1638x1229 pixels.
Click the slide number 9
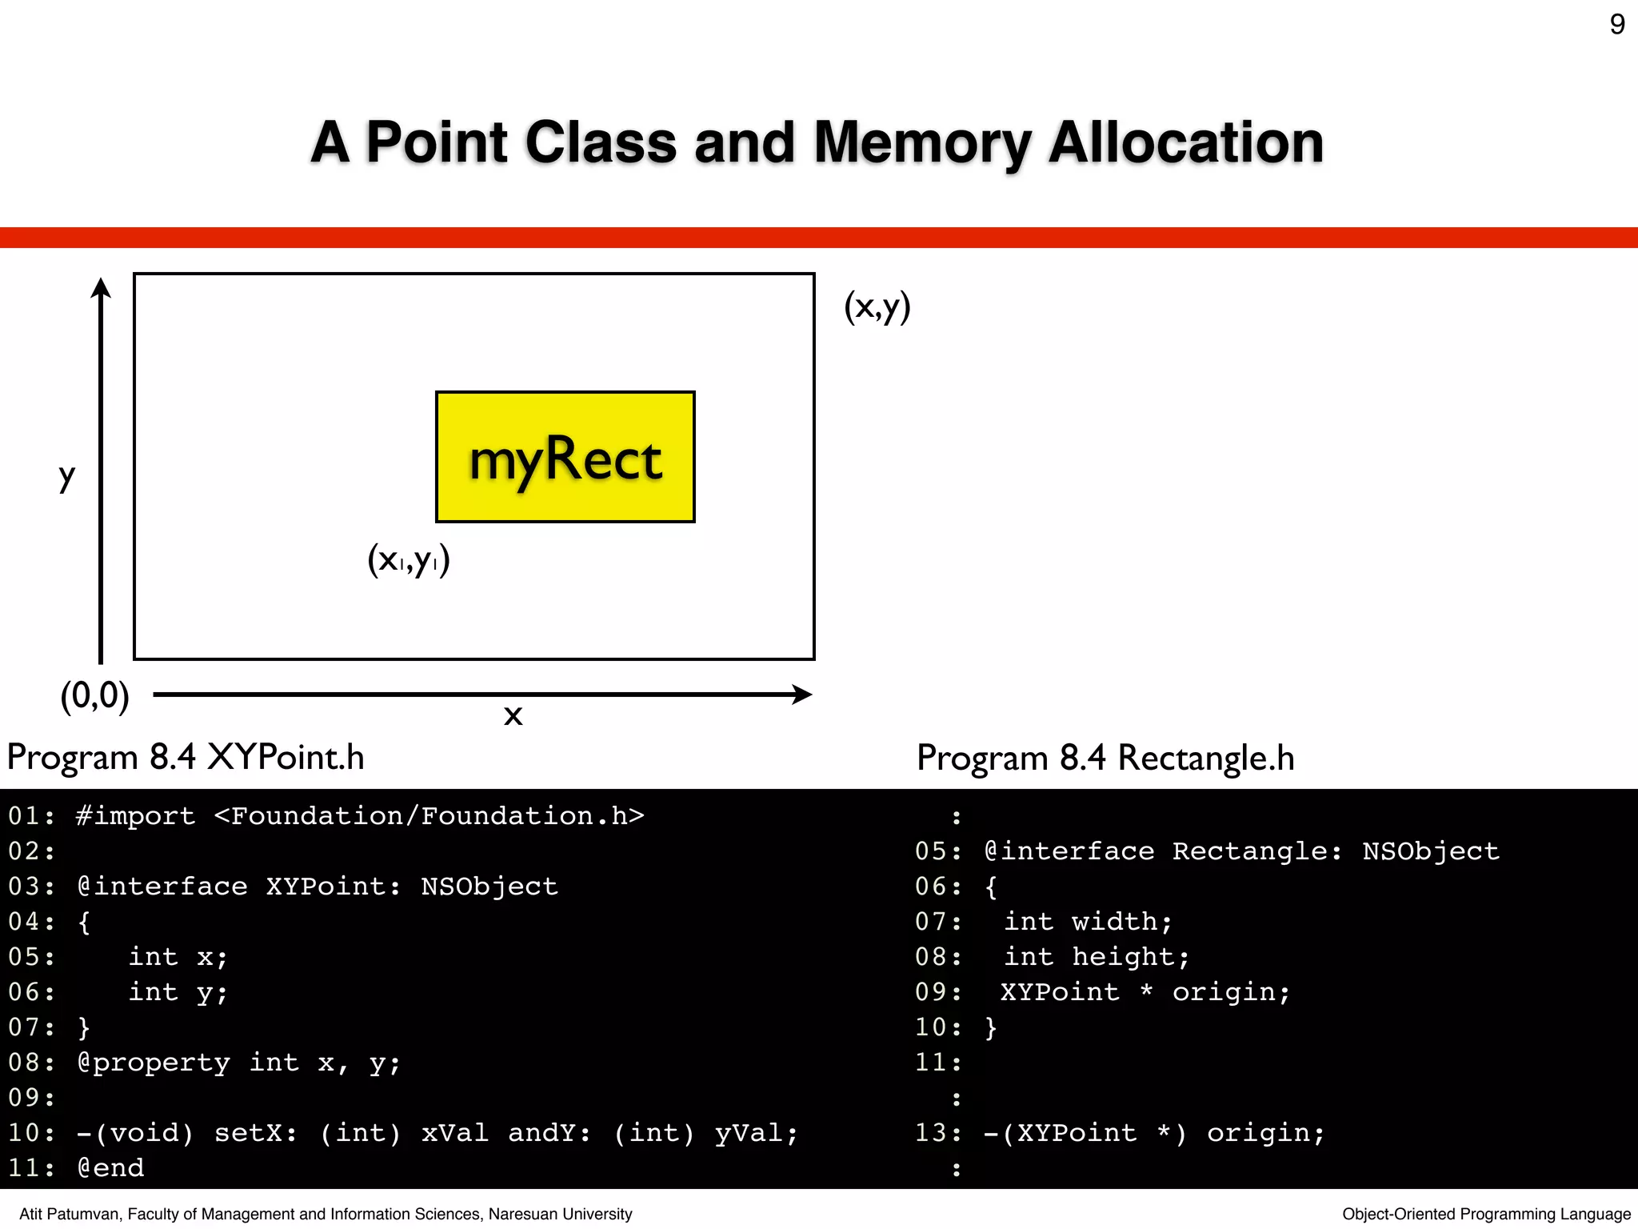[1616, 25]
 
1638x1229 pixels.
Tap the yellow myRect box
[565, 457]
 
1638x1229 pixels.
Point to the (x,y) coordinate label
[877, 307]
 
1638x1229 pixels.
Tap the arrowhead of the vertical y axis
[101, 289]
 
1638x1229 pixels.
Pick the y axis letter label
[67, 478]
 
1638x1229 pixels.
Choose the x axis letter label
[513, 715]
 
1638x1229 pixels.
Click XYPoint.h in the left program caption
[286, 757]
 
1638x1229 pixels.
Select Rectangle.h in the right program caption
[1205, 758]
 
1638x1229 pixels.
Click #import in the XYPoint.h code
[135, 816]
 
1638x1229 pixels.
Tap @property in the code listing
[154, 1063]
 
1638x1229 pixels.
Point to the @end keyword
[110, 1168]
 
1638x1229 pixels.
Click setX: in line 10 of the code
[255, 1133]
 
